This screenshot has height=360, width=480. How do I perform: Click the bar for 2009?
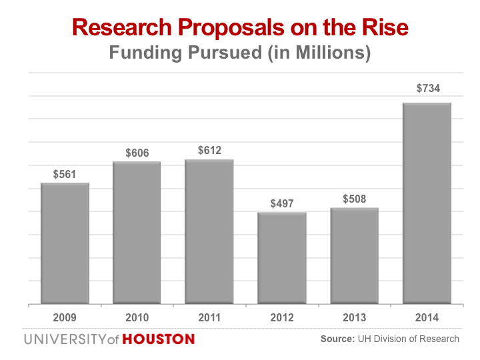[65, 243]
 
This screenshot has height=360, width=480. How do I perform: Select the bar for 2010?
[137, 233]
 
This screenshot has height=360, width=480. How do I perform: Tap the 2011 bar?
[209, 231]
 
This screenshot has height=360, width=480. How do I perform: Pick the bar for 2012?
[282, 258]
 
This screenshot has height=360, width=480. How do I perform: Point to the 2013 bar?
[354, 256]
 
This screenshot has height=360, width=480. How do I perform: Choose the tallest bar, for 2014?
[427, 203]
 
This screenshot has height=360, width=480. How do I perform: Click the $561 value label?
[65, 175]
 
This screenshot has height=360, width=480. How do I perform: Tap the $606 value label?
[137, 153]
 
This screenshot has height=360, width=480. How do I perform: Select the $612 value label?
[209, 151]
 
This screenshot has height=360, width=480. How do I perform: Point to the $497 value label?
[282, 203]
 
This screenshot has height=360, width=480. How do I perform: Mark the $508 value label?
[354, 199]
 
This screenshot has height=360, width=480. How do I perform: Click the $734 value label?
[427, 88]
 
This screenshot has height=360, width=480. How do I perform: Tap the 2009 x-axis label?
[65, 317]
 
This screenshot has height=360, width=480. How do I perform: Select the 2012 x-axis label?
[282, 317]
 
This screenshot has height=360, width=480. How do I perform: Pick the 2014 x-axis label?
[427, 317]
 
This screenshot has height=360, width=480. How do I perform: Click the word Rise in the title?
[385, 27]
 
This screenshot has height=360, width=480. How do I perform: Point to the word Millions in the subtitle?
[325, 53]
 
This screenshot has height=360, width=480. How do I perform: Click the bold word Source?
[337, 339]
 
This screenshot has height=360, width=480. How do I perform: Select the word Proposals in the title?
[219, 27]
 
